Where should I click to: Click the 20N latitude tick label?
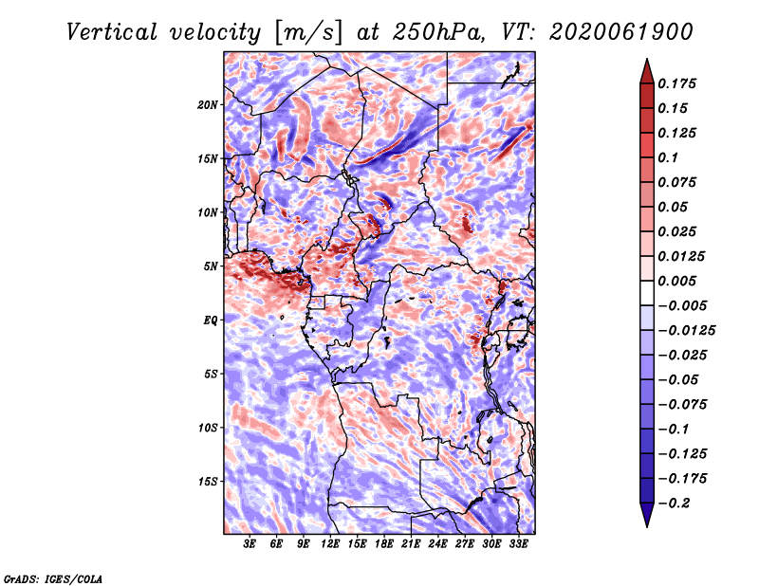click(208, 105)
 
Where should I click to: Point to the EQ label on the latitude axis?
click(210, 320)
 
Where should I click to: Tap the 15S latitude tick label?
click(208, 482)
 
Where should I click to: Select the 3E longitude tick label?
click(250, 544)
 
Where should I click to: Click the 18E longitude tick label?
click(384, 544)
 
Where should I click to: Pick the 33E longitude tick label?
click(518, 544)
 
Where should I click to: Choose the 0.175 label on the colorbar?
click(676, 83)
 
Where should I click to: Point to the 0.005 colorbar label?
click(676, 281)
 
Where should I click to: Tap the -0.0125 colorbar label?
click(686, 331)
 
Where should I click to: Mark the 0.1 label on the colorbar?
click(668, 157)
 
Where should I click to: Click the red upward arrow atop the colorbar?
click(647, 71)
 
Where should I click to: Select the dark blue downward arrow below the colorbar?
click(647, 515)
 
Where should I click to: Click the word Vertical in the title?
click(112, 32)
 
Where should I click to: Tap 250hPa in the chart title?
click(438, 32)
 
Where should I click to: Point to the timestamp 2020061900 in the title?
click(621, 32)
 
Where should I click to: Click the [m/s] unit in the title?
click(308, 33)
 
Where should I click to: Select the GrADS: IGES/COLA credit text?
click(53, 578)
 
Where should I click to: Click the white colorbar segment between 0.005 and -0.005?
click(647, 293)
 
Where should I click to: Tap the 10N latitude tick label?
click(208, 212)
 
